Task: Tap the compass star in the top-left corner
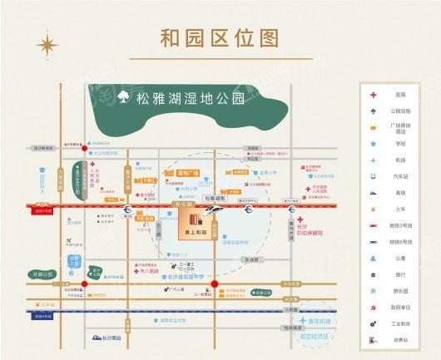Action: (47, 43)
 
